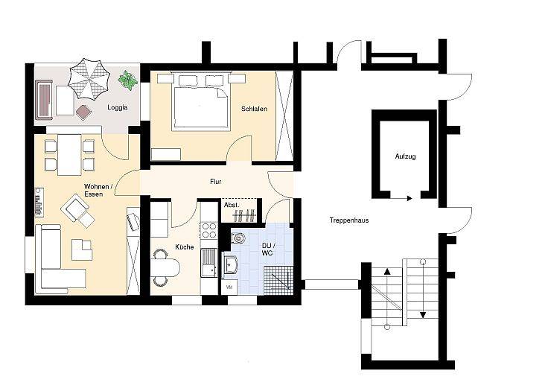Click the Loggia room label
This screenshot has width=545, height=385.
(118, 107)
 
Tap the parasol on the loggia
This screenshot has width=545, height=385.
(89, 79)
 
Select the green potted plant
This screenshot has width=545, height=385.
(127, 80)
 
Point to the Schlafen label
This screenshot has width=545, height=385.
(255, 109)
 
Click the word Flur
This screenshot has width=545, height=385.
(216, 182)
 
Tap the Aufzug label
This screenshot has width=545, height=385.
(405, 156)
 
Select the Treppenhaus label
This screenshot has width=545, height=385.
(349, 220)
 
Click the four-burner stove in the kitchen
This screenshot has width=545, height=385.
(209, 231)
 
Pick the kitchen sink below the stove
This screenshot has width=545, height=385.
(209, 263)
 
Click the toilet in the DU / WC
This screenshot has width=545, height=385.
(238, 238)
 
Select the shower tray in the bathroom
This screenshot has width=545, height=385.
(278, 280)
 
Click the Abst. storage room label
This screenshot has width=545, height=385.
(232, 206)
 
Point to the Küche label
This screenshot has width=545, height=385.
(185, 247)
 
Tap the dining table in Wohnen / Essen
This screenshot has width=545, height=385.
(69, 155)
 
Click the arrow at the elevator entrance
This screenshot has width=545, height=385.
(401, 198)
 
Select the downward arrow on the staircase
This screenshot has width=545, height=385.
(423, 290)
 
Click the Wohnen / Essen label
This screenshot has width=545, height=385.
(98, 190)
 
